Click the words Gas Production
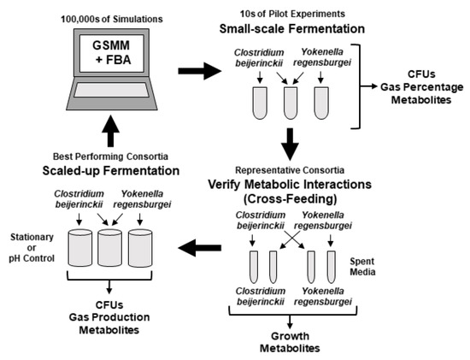[109, 317]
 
